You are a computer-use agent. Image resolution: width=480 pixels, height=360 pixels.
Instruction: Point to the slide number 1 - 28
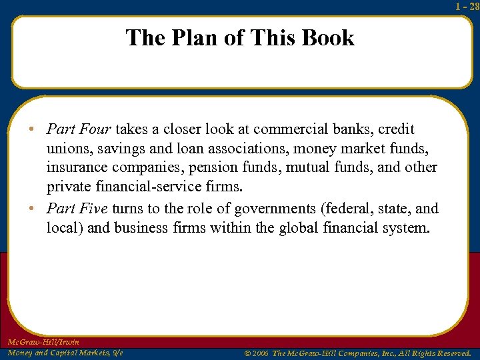(x=467, y=7)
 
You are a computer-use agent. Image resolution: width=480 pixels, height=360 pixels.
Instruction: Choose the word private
(x=68, y=186)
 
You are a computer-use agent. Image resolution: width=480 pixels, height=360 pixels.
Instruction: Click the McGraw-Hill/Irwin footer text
(x=43, y=342)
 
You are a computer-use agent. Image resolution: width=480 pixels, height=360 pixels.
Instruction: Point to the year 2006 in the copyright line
(x=261, y=353)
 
